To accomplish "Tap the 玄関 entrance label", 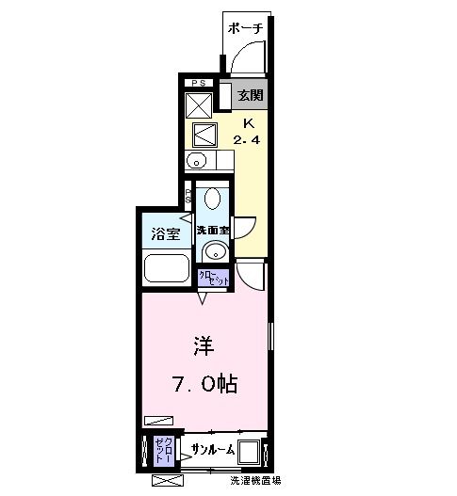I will tap(250, 95).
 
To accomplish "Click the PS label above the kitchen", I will tap(198, 83).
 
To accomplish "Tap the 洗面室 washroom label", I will tap(213, 231).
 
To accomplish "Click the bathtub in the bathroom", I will tap(166, 267).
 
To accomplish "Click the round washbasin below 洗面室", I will tap(216, 251).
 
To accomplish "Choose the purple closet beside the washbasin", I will tap(213, 279).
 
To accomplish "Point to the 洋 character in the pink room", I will tap(202, 344).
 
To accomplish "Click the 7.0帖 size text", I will tap(204, 384).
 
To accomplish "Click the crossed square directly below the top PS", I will tap(200, 102).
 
